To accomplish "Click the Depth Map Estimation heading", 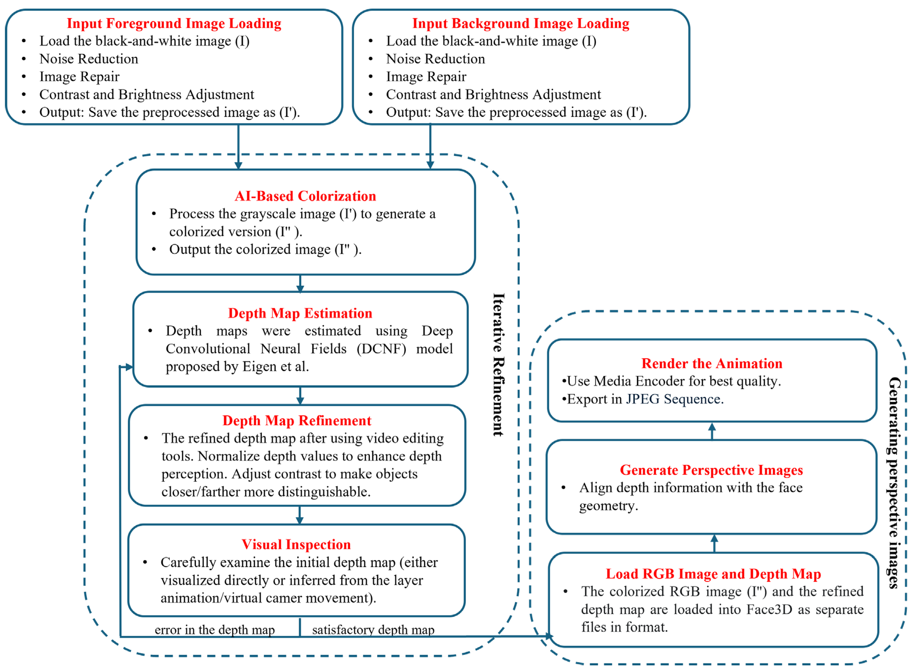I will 300,313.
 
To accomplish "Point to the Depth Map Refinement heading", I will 297,420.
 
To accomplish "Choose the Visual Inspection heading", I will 296,544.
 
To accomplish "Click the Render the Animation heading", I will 711,363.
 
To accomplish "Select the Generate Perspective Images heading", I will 711,470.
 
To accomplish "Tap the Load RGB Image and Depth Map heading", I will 713,573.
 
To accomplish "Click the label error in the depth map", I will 215,630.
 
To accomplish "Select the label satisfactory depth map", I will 373,630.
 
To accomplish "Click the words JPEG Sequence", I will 674,399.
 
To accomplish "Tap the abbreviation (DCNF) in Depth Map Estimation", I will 381,348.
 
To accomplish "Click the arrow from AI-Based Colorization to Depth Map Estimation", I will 300,283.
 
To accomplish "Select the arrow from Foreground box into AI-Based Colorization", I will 238,146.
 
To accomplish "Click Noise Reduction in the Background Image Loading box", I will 435,59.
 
